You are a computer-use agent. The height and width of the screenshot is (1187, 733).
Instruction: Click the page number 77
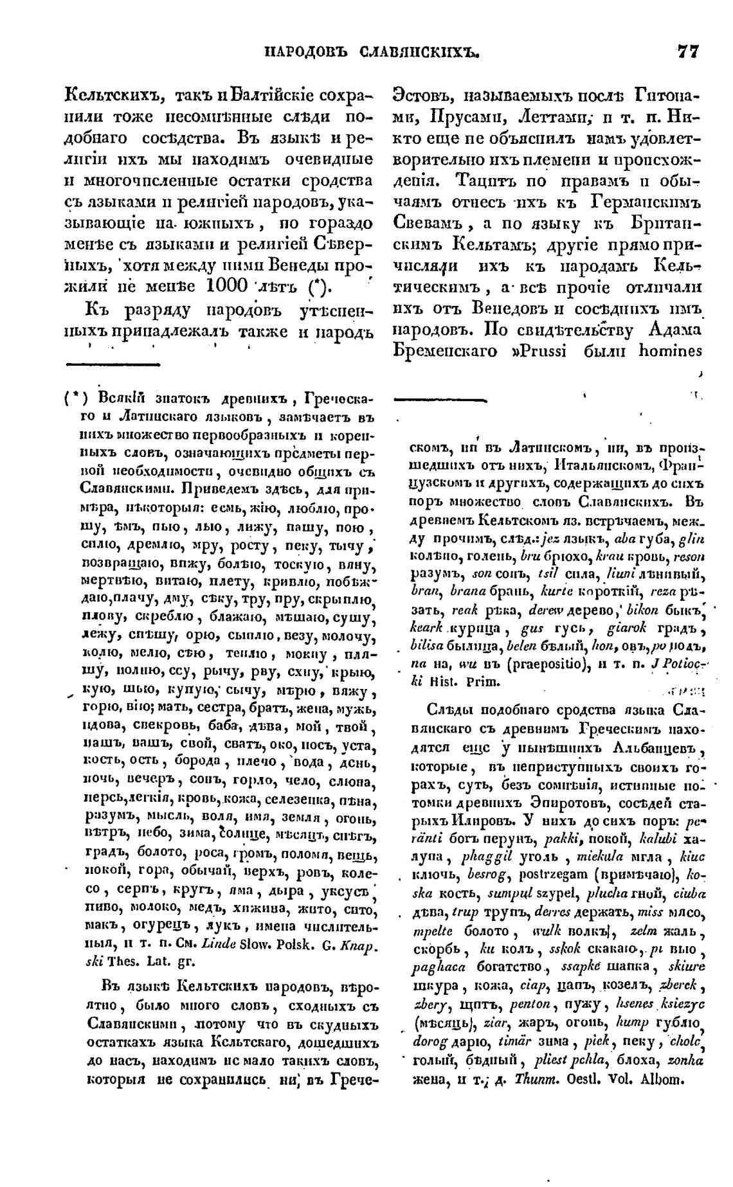pyautogui.click(x=686, y=51)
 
